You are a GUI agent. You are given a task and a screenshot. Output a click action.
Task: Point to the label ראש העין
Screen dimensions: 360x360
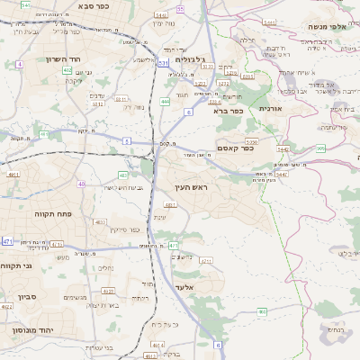(x=191, y=186)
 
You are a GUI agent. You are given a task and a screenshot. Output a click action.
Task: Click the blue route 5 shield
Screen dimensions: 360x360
(x=127, y=141)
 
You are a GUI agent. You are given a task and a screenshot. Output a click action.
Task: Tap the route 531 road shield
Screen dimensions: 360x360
(x=164, y=63)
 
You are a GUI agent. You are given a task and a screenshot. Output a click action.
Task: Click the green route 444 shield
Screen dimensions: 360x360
(x=165, y=102)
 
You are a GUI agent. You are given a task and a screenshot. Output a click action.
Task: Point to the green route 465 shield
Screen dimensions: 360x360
(x=262, y=311)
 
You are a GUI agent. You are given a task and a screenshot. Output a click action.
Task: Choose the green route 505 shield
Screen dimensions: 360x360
(x=321, y=148)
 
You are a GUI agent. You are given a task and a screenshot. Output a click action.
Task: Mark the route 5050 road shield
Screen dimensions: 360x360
(x=252, y=141)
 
